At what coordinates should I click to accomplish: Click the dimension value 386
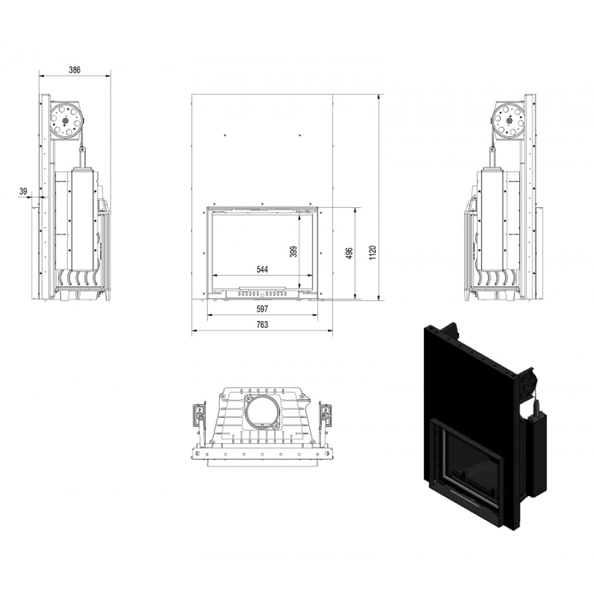click(x=74, y=70)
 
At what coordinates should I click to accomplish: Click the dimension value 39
click(x=24, y=191)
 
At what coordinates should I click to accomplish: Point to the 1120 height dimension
click(x=373, y=253)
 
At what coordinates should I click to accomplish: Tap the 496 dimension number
click(x=350, y=253)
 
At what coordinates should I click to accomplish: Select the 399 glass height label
click(x=293, y=252)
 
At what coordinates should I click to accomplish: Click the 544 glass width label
click(x=262, y=270)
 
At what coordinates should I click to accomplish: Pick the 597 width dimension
click(x=262, y=309)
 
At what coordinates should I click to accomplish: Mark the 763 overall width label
click(x=262, y=324)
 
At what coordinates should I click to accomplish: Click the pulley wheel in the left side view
click(x=66, y=121)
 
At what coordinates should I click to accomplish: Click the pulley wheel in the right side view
click(x=509, y=121)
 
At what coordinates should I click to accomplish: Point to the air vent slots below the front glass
click(x=262, y=294)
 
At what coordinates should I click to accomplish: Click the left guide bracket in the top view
click(x=199, y=415)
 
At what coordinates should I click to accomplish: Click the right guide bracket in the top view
click(x=325, y=415)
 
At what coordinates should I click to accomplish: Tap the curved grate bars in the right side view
click(x=497, y=278)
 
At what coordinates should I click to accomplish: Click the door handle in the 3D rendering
click(x=464, y=493)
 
